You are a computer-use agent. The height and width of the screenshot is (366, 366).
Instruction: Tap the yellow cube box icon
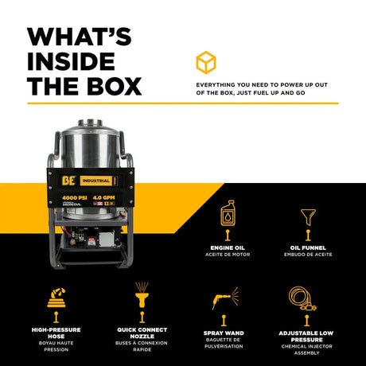[x=206, y=63]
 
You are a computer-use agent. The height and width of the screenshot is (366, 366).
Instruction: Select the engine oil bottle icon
[x=228, y=212]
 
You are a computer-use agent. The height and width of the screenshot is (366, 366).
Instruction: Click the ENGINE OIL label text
[x=228, y=247]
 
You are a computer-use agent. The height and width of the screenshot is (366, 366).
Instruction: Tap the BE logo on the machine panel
[x=69, y=181]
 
